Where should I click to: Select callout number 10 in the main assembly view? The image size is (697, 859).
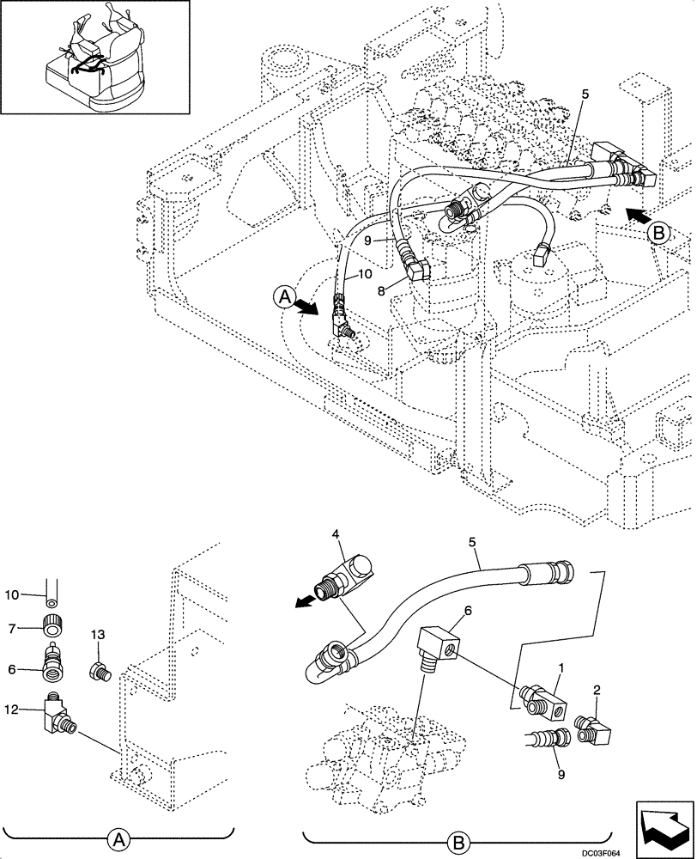[x=364, y=274]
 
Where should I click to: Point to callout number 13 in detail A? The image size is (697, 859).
[x=97, y=634]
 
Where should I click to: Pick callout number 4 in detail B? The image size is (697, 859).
[x=338, y=535]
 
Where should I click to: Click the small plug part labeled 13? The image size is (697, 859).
[x=99, y=669]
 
